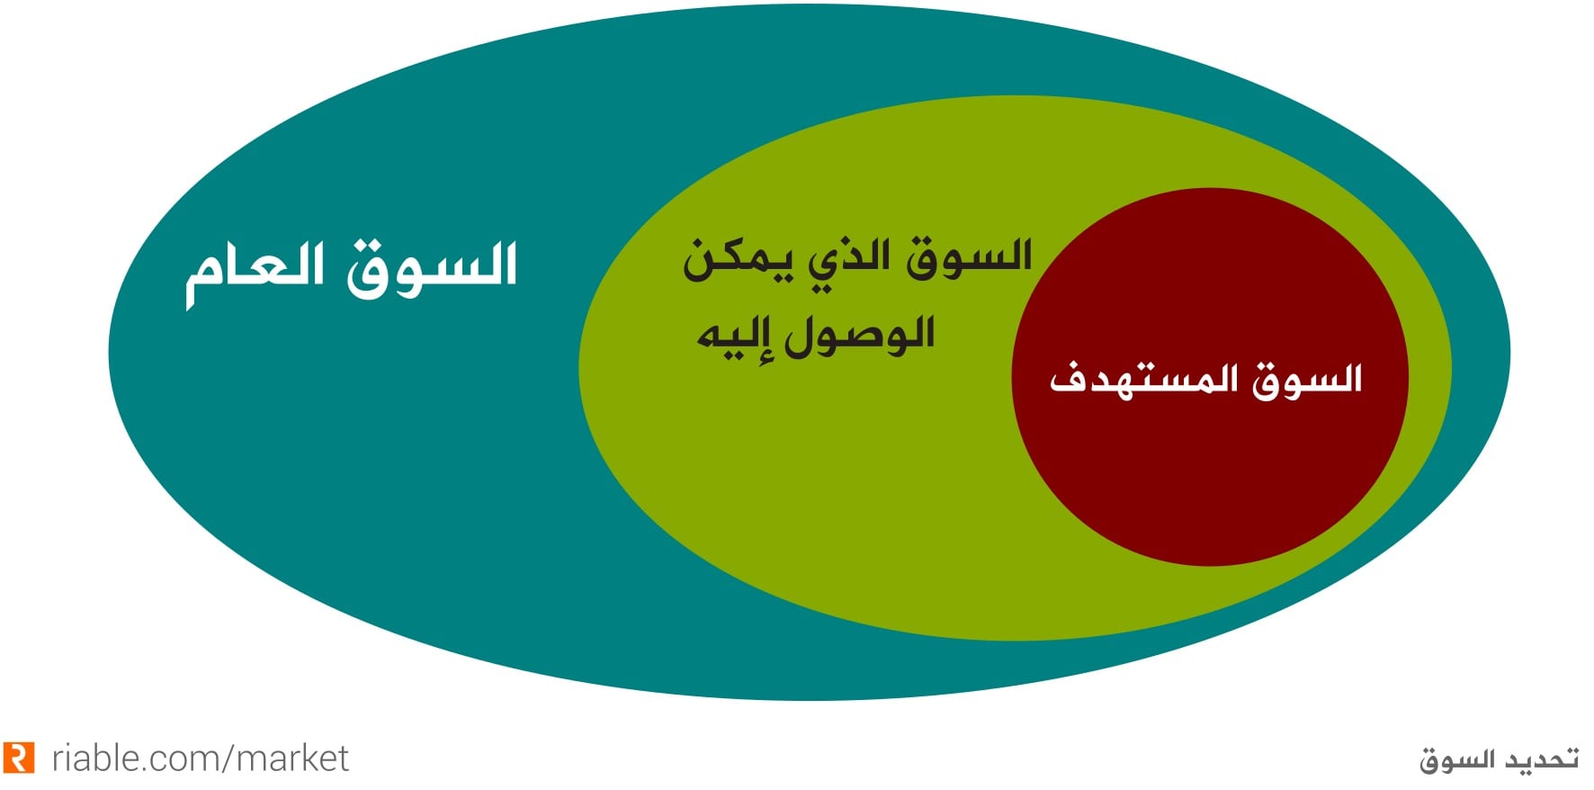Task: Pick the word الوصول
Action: coord(860,337)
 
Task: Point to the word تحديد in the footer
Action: coord(1539,759)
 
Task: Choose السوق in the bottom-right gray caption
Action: coord(1456,760)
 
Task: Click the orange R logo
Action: coord(19,758)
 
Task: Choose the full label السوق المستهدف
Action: coord(1206,380)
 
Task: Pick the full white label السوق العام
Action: coord(352,273)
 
